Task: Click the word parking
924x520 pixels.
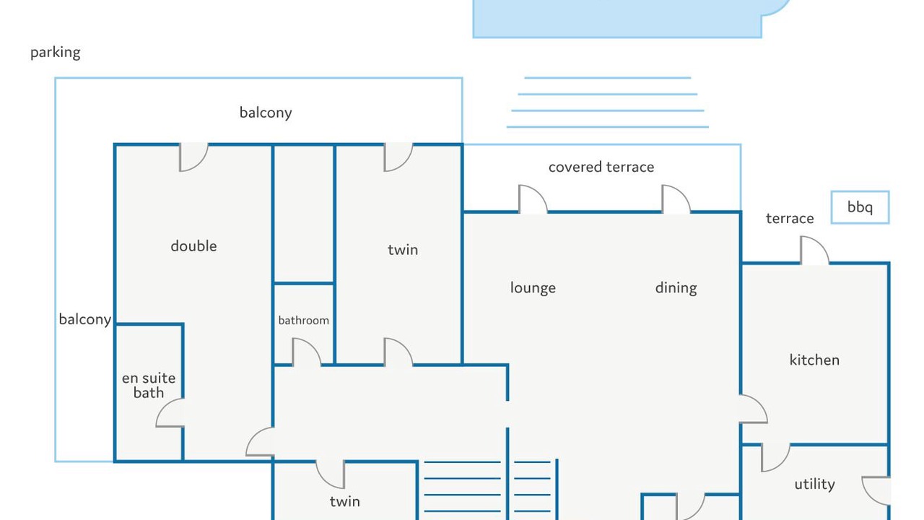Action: (56, 53)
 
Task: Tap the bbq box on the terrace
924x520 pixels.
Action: (860, 207)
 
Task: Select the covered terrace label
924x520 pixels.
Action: (601, 167)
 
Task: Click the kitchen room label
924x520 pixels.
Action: (814, 360)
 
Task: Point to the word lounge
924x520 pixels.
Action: (533, 288)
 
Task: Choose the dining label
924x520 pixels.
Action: (676, 288)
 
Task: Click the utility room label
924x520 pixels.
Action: (815, 484)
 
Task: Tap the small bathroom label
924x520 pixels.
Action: (304, 320)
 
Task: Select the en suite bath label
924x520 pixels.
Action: (149, 385)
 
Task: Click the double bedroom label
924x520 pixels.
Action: (193, 246)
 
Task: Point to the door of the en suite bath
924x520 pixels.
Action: (170, 412)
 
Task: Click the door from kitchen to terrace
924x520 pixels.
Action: (815, 251)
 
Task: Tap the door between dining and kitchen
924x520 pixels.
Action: (753, 409)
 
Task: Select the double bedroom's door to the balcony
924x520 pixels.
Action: (194, 157)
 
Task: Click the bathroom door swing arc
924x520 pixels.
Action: (307, 352)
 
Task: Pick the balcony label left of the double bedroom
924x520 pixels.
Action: (85, 320)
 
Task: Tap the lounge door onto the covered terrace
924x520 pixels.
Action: (533, 199)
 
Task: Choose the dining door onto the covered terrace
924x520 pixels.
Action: (676, 199)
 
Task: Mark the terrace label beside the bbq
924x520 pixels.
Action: (790, 218)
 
